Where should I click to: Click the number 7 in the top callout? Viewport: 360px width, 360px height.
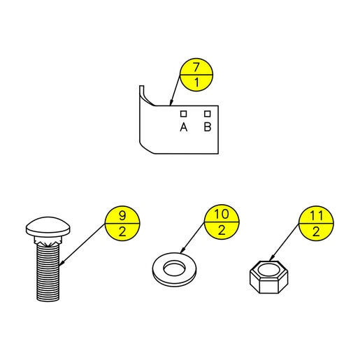click(196, 67)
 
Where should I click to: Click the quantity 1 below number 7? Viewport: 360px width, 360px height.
click(197, 82)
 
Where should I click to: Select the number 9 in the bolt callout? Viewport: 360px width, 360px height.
click(122, 215)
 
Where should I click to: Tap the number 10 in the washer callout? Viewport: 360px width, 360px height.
click(222, 214)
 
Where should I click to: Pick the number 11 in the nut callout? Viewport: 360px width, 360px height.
click(316, 215)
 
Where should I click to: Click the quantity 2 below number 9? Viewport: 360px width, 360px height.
click(122, 232)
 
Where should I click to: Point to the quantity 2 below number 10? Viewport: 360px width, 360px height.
click(222, 231)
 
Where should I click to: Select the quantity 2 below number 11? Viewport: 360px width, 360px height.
click(316, 232)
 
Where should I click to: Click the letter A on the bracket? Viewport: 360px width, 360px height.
click(184, 127)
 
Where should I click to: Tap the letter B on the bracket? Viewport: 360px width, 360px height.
click(208, 127)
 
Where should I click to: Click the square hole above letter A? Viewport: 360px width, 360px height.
click(184, 114)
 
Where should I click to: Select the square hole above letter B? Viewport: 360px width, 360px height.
click(208, 114)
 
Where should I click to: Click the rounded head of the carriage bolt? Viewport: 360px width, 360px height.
click(48, 227)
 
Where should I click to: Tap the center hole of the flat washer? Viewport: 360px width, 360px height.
click(173, 269)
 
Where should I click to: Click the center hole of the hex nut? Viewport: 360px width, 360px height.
click(268, 270)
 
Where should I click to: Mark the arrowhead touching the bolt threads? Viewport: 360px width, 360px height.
click(62, 263)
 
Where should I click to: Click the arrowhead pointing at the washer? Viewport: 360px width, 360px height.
click(182, 250)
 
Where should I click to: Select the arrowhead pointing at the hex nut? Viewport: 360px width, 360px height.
click(272, 258)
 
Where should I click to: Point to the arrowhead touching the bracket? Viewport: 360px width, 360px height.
click(171, 102)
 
